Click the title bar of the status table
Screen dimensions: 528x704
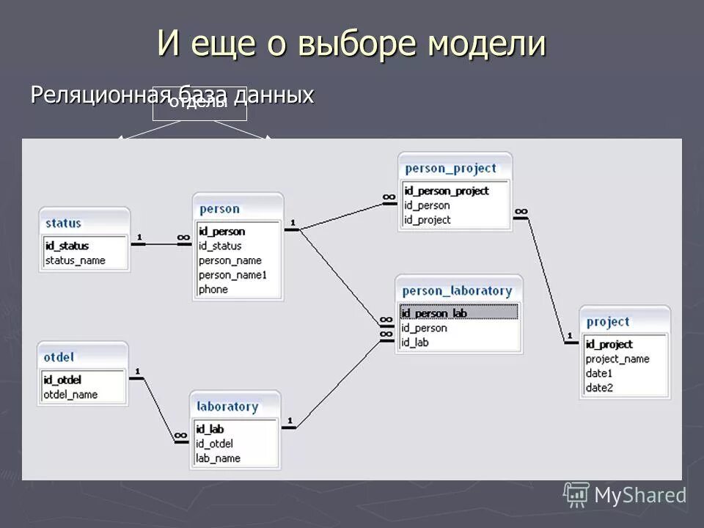[x=84, y=223]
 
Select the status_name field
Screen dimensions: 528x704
[x=76, y=260]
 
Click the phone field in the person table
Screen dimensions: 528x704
[x=213, y=290]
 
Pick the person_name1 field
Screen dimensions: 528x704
[x=233, y=275]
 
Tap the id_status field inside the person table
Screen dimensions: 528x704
[x=220, y=246]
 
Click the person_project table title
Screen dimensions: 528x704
[x=451, y=168]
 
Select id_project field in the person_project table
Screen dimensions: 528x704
[x=428, y=220]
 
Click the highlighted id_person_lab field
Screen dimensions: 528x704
[x=435, y=313]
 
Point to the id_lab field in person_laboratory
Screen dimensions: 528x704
[x=415, y=342]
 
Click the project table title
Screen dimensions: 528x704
[x=608, y=322]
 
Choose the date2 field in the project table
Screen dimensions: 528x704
[x=599, y=388]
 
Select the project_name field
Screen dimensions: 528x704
[x=617, y=359]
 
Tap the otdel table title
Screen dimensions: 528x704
[x=59, y=357]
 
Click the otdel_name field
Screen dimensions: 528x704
[x=70, y=395]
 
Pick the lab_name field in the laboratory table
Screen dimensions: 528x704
[x=218, y=458]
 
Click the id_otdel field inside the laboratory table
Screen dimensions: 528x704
[x=214, y=444]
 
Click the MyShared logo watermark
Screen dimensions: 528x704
[x=626, y=495]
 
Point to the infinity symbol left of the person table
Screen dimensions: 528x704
[x=183, y=238]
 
